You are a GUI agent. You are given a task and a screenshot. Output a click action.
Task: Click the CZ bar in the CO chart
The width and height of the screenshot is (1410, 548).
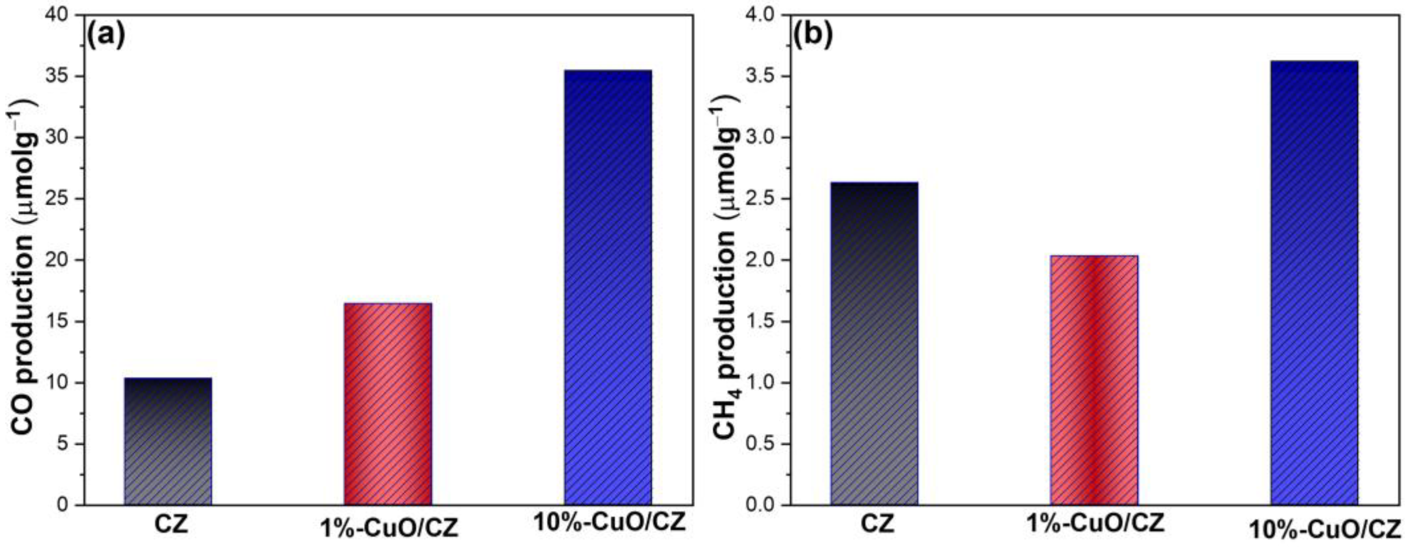click(168, 441)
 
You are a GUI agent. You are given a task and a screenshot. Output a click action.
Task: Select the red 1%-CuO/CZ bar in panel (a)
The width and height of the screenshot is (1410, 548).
click(388, 404)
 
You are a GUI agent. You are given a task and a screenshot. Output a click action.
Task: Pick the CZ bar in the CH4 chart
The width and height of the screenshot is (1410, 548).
click(874, 343)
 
